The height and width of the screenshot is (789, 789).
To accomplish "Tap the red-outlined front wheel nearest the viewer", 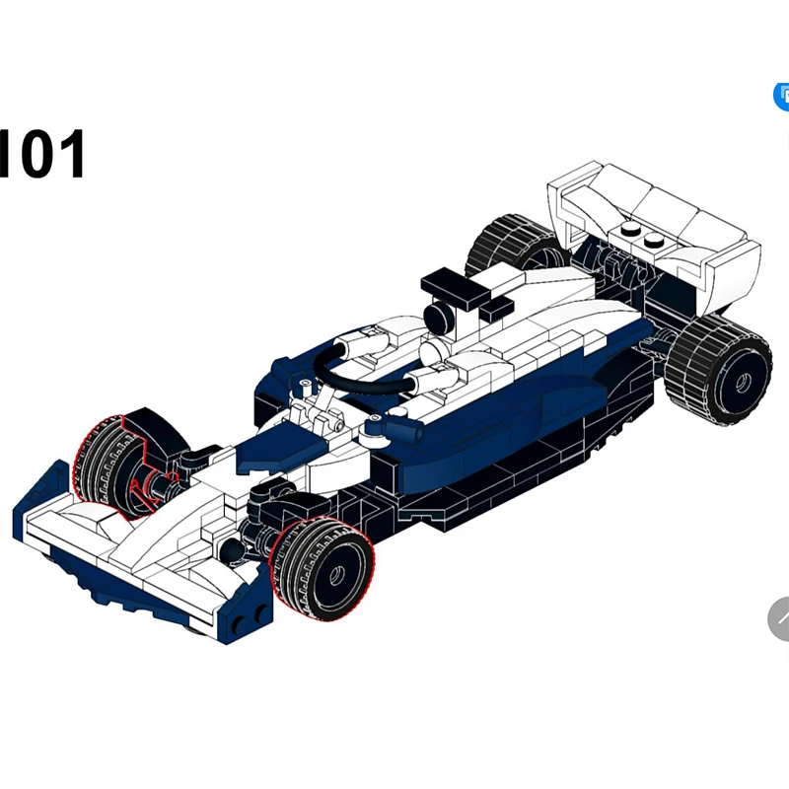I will (323, 570).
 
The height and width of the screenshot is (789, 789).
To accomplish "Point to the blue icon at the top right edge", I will (781, 96).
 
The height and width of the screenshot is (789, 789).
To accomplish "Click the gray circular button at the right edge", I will (779, 619).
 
